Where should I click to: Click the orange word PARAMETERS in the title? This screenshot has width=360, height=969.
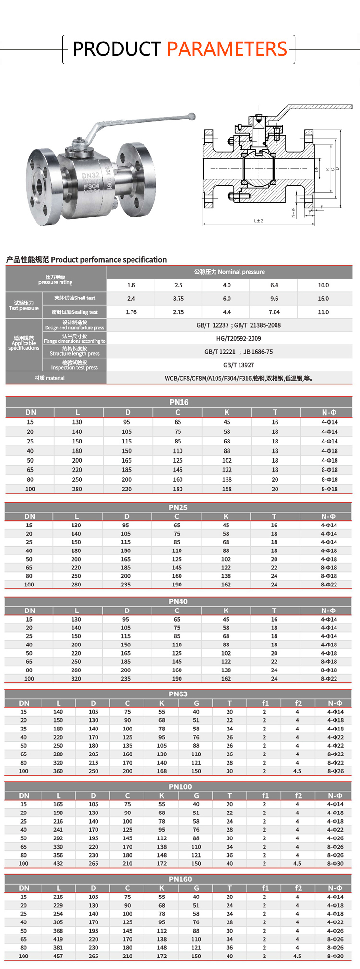tap(227, 49)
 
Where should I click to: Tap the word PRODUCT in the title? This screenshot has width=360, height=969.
tap(117, 49)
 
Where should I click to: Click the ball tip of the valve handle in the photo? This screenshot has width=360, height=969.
tap(192, 116)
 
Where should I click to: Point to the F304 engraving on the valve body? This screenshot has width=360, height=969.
tap(91, 186)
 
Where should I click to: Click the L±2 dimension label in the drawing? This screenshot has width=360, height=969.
tap(259, 221)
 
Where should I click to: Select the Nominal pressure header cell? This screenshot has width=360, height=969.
tap(229, 272)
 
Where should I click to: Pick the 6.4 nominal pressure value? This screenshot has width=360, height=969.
tap(274, 285)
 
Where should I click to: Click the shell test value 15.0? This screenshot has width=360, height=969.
tap(324, 299)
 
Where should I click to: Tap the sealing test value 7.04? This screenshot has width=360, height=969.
tap(274, 312)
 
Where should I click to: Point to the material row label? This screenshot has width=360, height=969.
tap(49, 378)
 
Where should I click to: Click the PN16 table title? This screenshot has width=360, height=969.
tap(179, 402)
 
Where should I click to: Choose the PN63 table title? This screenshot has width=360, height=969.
tap(178, 694)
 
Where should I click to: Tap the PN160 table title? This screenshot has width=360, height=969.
tap(180, 879)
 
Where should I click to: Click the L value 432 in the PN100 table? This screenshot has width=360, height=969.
tap(58, 863)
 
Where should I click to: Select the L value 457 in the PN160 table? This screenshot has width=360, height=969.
tap(58, 956)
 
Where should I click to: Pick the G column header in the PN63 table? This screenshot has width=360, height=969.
tap(196, 703)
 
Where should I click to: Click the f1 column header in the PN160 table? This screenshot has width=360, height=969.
tap(265, 888)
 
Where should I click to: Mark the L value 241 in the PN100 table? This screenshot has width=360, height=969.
tap(58, 830)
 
